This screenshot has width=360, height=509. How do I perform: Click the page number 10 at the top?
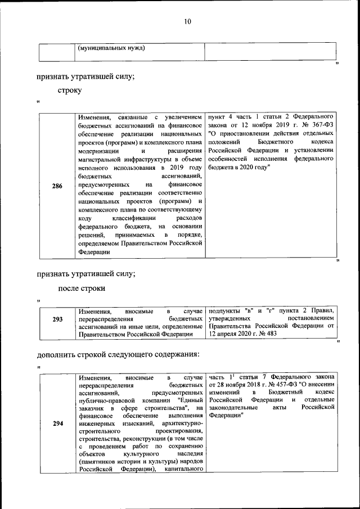(x=187, y=22)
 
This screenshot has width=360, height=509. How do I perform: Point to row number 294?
(x=57, y=424)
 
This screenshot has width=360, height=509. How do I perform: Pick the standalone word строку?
(x=70, y=90)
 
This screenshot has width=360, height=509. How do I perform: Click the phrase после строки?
(x=82, y=288)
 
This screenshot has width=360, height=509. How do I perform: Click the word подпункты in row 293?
(x=223, y=310)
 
